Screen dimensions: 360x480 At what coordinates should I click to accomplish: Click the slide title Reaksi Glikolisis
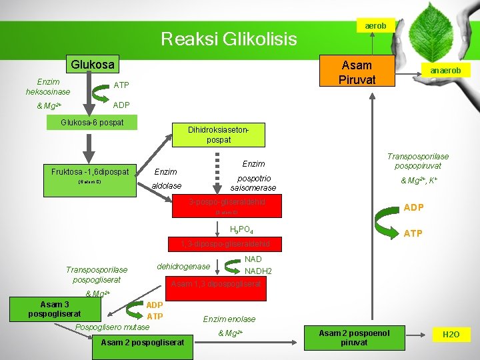tap(229, 39)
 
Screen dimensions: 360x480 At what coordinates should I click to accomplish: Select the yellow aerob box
tap(375, 25)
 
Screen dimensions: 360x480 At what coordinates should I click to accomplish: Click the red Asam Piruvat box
tap(357, 72)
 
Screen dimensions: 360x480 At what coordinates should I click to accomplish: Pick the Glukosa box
tap(93, 65)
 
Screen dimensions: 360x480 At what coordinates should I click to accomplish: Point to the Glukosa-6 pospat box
tap(92, 123)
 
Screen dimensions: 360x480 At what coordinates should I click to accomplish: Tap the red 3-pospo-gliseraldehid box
tap(227, 206)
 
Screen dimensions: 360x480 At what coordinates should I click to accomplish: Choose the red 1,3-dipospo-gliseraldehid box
tap(227, 245)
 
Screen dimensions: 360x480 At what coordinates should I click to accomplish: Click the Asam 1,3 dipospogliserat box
tap(218, 285)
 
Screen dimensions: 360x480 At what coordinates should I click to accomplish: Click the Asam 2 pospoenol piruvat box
tap(353, 337)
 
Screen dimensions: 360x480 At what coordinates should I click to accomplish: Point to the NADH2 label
tap(258, 271)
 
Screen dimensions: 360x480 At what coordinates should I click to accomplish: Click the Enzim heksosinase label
tap(48, 86)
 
